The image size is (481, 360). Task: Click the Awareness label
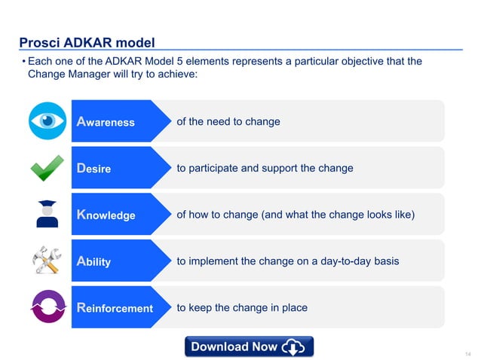pos(106,122)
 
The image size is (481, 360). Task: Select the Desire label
pos(94,169)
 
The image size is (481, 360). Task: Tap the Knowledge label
pos(106,215)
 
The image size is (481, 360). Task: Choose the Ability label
pos(94,262)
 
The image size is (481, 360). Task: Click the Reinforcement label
pos(115,309)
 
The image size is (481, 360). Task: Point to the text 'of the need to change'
pos(228,121)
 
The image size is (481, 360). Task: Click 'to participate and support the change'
pos(265,168)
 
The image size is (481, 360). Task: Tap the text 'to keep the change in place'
pos(241,307)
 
